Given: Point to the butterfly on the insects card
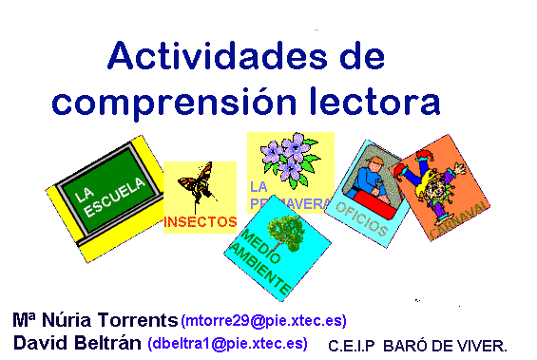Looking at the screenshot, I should pos(198,181).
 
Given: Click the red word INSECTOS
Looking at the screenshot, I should pos(200,222).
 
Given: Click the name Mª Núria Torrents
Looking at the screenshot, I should pos(95,319).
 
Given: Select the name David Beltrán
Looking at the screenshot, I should pos(79,342).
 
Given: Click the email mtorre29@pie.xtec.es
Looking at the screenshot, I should pos(263,320).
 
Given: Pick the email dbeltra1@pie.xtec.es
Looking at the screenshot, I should pos(227,343).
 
